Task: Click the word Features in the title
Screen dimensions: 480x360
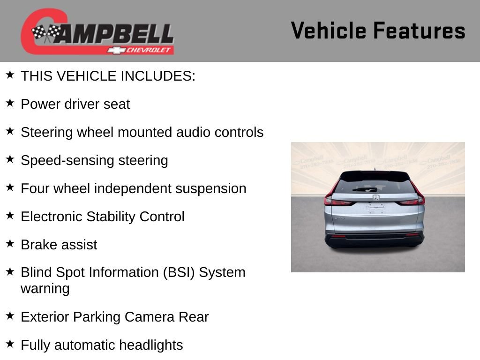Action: click(420, 30)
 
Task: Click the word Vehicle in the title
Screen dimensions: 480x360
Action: click(329, 30)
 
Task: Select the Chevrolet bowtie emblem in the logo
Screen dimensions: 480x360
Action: click(116, 50)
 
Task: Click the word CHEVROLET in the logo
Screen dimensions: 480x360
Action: click(149, 50)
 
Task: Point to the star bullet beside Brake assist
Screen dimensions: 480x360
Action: click(10, 244)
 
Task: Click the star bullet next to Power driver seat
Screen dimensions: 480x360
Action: click(10, 103)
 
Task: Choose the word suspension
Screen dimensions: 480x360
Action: click(210, 189)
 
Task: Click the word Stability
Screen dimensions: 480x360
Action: click(111, 217)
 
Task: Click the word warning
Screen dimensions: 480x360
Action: click(45, 289)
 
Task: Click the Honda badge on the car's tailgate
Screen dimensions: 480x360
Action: click(376, 197)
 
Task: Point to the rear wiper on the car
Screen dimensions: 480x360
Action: click(365, 190)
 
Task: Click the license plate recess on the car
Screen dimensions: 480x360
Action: click(375, 209)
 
